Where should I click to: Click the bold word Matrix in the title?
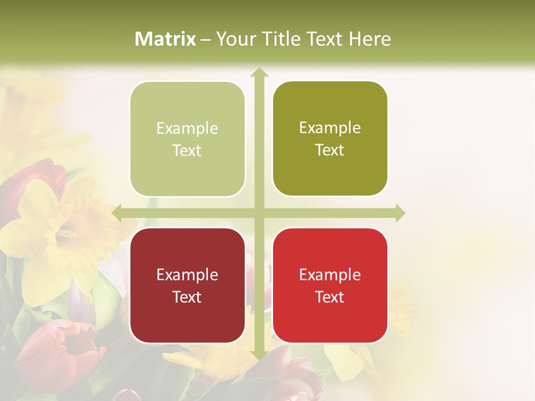pyautogui.click(x=166, y=39)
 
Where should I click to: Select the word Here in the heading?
pyautogui.click(x=369, y=39)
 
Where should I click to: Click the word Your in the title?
pyautogui.click(x=235, y=39)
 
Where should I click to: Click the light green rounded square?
pyautogui.click(x=187, y=139)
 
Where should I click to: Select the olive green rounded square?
pyautogui.click(x=330, y=139)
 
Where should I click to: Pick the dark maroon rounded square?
pyautogui.click(x=187, y=285)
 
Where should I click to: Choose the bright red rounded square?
pyautogui.click(x=330, y=285)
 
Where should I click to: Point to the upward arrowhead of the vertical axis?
pyautogui.click(x=259, y=72)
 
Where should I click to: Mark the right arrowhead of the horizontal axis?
pyautogui.click(x=400, y=213)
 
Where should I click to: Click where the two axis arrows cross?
pyautogui.click(x=259, y=213)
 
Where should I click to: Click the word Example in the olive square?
pyautogui.click(x=330, y=128)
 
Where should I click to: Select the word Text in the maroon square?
pyautogui.click(x=187, y=297)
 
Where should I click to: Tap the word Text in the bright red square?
pyautogui.click(x=330, y=297)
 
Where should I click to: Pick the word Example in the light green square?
pyautogui.click(x=187, y=128)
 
